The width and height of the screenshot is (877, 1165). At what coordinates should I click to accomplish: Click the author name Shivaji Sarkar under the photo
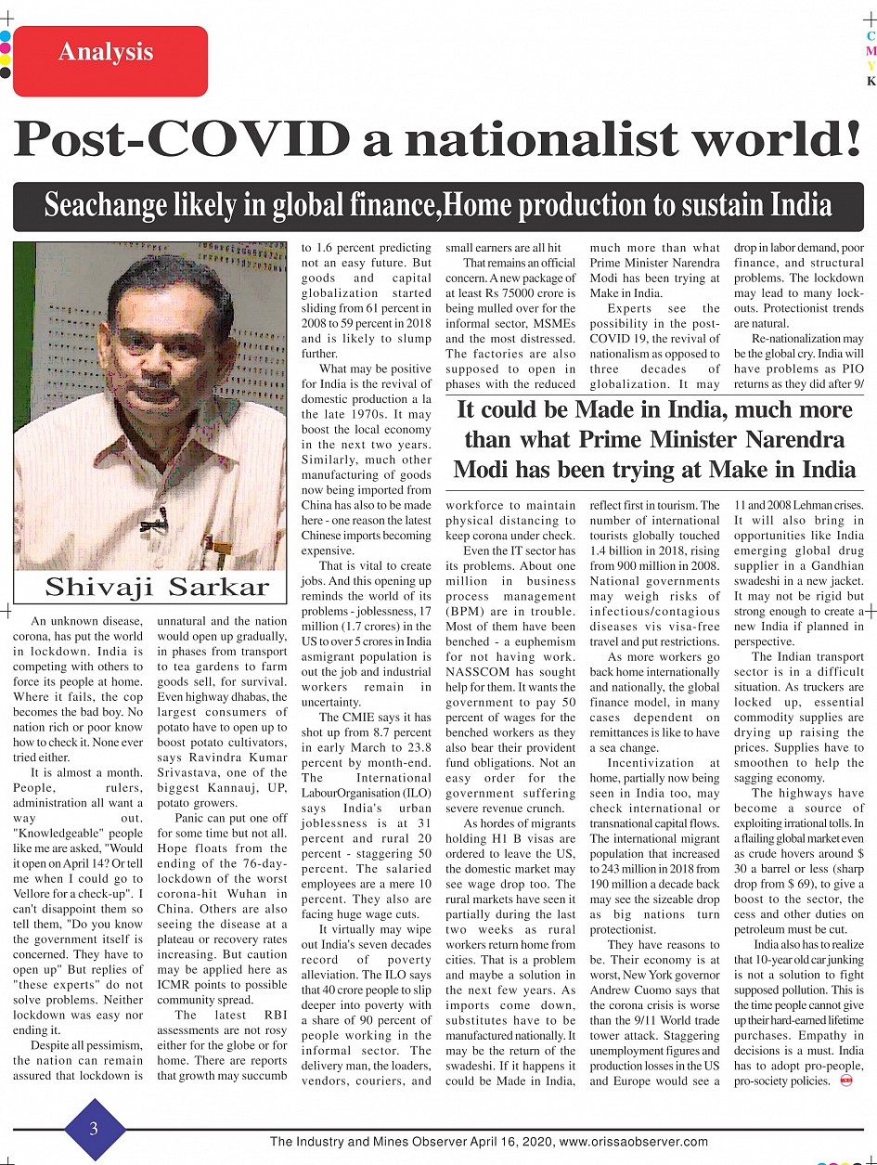[x=157, y=587]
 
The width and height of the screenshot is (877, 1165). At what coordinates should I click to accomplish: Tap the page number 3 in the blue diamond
[x=94, y=1129]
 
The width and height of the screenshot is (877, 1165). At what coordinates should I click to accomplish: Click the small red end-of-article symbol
[x=845, y=1081]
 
